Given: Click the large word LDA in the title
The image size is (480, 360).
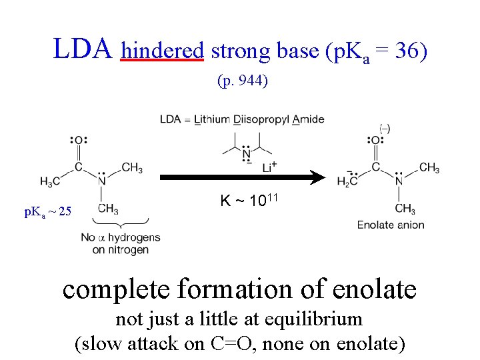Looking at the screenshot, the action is click(x=83, y=48).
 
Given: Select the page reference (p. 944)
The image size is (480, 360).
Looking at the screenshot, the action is click(x=243, y=81).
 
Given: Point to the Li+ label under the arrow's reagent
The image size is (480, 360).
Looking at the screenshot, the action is click(x=269, y=168).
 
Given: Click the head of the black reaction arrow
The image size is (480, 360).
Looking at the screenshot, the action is click(x=319, y=178).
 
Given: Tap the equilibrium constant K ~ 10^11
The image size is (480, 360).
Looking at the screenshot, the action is click(x=249, y=201).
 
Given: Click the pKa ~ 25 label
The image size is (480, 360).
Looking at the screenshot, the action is click(x=47, y=212).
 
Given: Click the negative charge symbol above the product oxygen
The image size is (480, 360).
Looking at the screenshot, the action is click(x=385, y=127).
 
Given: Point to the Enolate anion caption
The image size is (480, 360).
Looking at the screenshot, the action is click(x=390, y=225).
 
